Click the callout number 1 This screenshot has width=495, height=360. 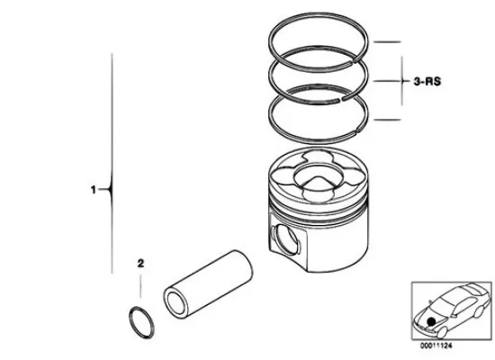(93, 190)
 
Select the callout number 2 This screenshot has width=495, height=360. (140, 264)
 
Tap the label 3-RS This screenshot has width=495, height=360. (427, 82)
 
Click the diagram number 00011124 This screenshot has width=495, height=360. (436, 346)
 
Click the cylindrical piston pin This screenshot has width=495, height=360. (208, 284)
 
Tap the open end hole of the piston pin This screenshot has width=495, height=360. (175, 303)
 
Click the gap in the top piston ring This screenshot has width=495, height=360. (355, 59)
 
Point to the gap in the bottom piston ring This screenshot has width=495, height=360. (356, 130)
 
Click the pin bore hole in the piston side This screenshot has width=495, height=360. (286, 239)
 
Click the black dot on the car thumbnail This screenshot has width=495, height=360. (431, 322)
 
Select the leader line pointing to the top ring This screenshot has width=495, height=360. (387, 41)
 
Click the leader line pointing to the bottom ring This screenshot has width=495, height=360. (387, 120)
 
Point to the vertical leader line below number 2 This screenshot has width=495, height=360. (140, 286)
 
